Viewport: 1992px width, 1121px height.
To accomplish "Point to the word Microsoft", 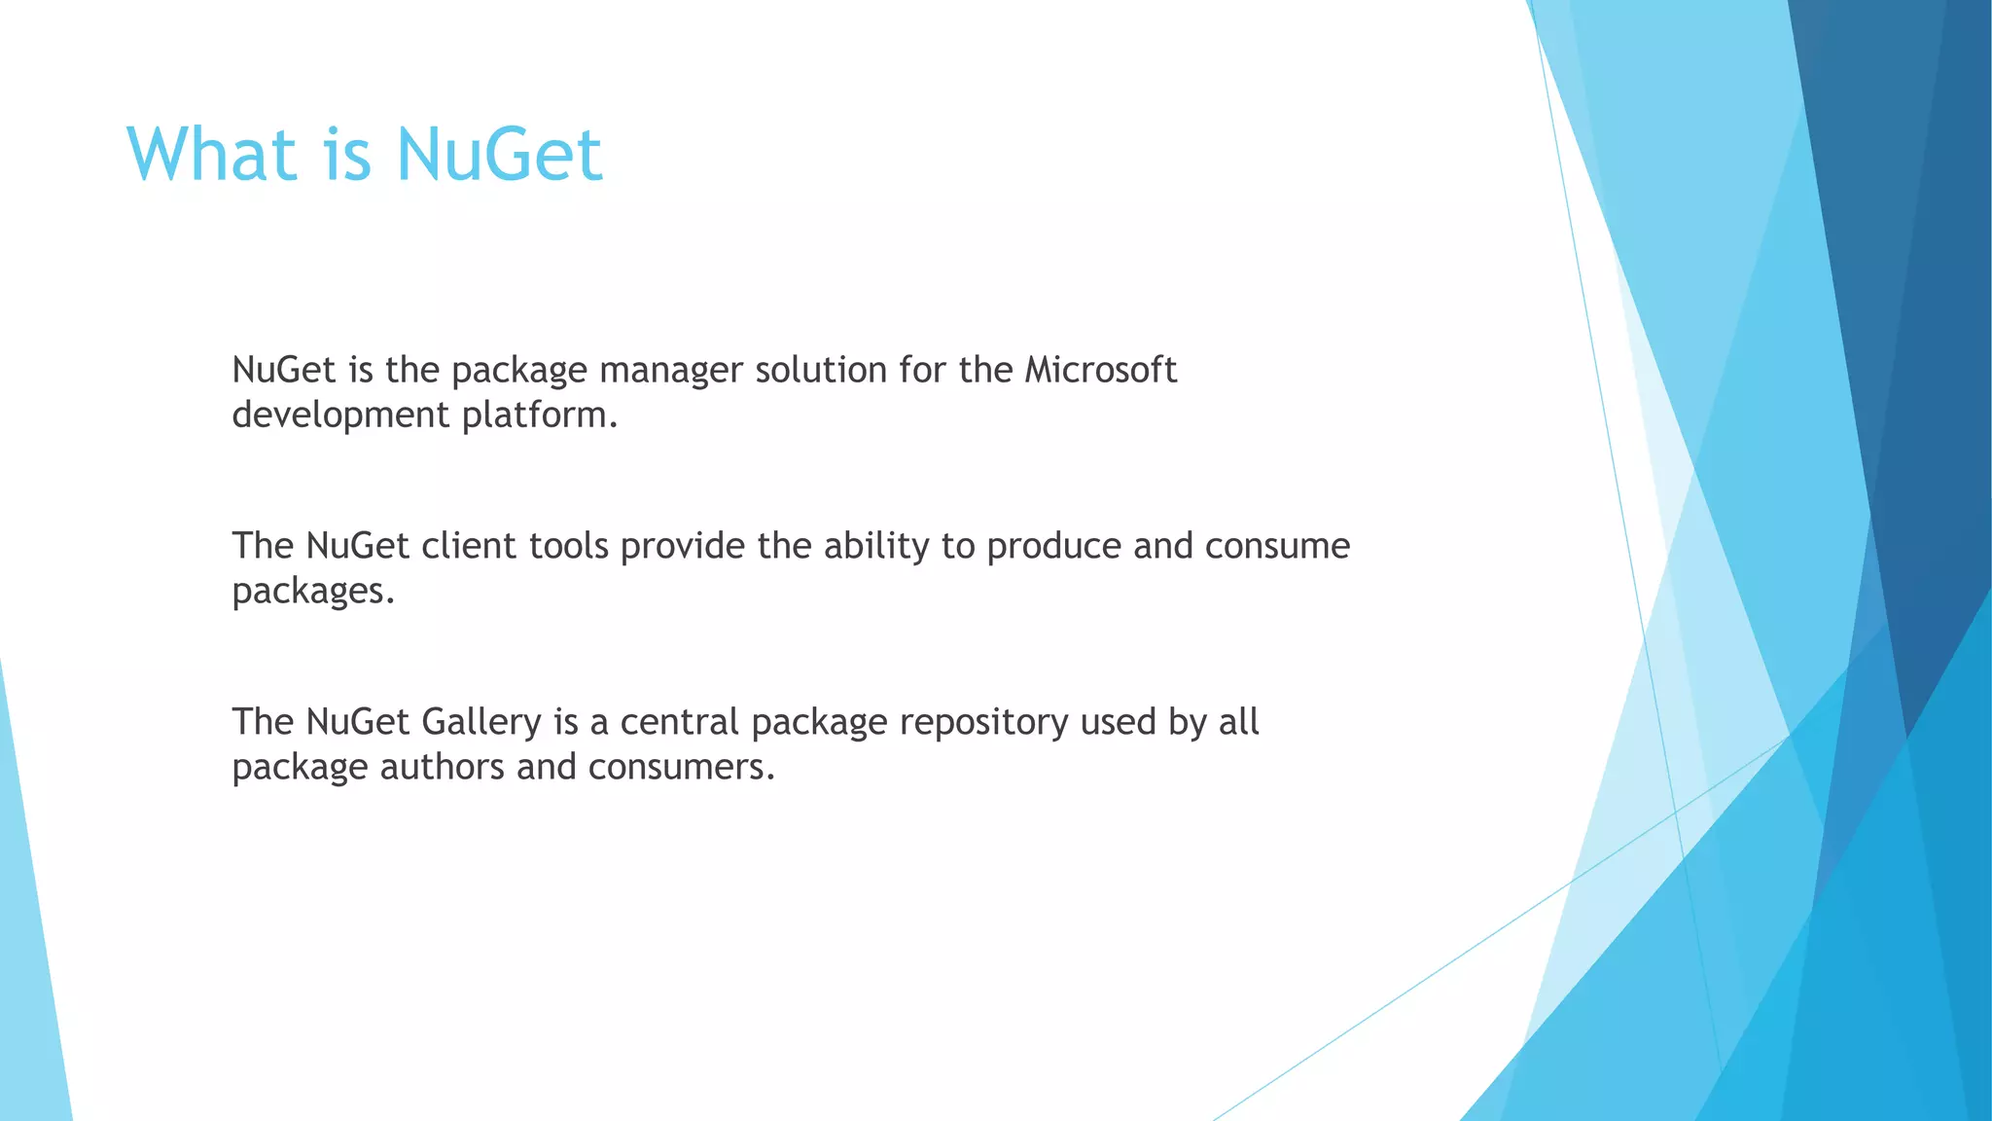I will click(1100, 371).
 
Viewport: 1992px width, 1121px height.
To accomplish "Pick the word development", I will click(340, 416).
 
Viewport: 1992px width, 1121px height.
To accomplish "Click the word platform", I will click(539, 416).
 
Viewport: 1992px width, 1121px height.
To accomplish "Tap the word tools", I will click(569, 546).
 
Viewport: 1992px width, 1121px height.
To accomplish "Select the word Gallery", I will click(481, 722).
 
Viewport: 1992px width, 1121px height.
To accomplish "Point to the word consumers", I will click(681, 767).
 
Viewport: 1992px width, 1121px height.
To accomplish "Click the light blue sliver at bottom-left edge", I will click(29, 973).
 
